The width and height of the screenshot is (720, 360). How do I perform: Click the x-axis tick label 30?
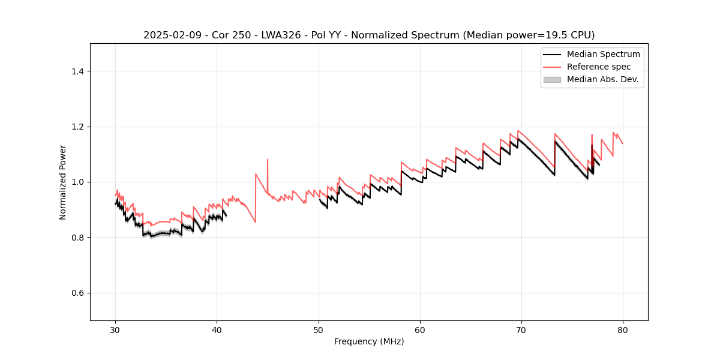(x=115, y=329)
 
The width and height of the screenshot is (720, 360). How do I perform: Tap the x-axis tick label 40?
(x=217, y=329)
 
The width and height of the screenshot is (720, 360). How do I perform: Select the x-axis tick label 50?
(x=319, y=329)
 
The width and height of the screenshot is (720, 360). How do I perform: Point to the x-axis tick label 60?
(x=420, y=329)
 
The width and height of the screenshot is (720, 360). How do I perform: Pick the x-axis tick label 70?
(x=521, y=329)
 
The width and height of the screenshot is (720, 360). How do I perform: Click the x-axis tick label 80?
(x=623, y=329)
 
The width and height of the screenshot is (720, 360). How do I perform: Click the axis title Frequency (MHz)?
(x=369, y=341)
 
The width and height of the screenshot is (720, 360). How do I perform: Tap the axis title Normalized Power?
(x=63, y=182)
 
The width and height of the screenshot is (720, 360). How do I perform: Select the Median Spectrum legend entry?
(x=603, y=54)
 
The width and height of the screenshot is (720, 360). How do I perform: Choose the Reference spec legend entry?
(x=602, y=67)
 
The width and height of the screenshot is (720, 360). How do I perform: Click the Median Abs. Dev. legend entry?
(x=602, y=79)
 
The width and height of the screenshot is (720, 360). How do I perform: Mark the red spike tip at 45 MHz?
(x=268, y=160)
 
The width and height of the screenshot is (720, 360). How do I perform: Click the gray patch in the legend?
(x=552, y=79)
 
